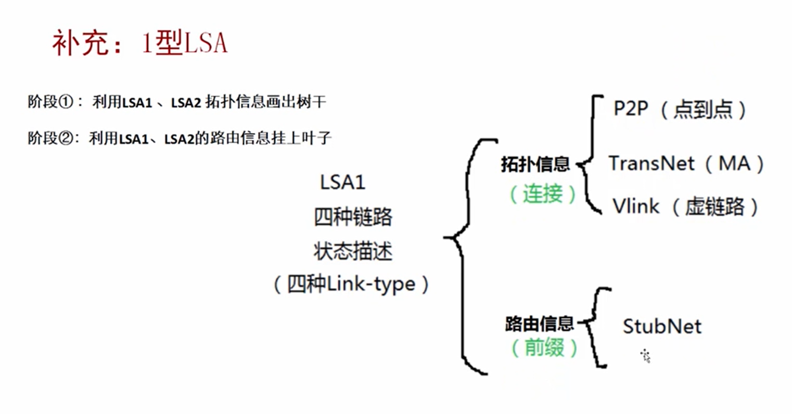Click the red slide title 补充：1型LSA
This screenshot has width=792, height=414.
pos(139,43)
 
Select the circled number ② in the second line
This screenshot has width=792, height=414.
pos(66,138)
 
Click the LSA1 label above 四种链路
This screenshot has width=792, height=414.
pos(342,182)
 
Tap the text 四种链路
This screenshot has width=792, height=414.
pos(353,217)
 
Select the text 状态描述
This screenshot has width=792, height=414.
pos(353,251)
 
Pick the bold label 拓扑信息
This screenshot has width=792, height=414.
pos(535,164)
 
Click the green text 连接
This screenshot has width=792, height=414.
pos(543,194)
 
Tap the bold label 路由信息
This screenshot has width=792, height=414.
pos(539,324)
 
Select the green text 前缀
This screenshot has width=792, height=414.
pos(544,347)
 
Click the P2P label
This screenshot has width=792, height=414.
pos(630,109)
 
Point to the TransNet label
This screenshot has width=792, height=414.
pos(652,164)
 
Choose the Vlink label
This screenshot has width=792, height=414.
pos(636,206)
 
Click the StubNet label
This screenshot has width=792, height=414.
pos(662,327)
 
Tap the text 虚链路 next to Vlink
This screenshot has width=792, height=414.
pos(714,207)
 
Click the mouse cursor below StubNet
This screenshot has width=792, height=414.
pos(646,356)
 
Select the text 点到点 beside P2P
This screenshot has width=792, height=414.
pos(702,109)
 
